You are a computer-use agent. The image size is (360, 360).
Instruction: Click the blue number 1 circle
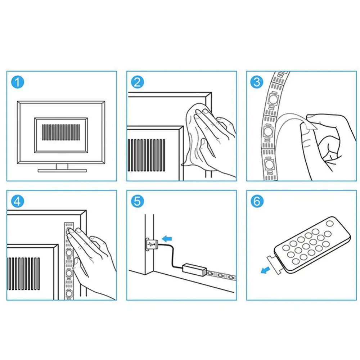point(18,82)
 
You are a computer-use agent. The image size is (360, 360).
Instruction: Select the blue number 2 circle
point(138,82)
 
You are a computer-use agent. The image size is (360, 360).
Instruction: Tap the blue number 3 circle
point(257,82)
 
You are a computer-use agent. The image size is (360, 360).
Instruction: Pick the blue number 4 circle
point(18,201)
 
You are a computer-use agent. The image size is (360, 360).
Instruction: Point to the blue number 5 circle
point(138,201)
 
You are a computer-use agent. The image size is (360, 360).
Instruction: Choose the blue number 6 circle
point(257,201)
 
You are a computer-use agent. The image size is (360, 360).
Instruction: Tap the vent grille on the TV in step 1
point(61,132)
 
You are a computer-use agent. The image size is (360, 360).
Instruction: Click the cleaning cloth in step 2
point(195,135)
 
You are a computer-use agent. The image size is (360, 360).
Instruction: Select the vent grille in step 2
point(146,155)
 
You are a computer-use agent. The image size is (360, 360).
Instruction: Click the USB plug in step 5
point(152,244)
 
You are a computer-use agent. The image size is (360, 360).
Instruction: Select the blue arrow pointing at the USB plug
point(167,239)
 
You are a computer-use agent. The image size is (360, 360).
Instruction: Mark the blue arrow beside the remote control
point(266,270)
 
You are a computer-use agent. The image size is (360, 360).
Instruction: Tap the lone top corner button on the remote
point(330,224)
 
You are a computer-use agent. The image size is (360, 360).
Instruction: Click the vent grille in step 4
point(24,274)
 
